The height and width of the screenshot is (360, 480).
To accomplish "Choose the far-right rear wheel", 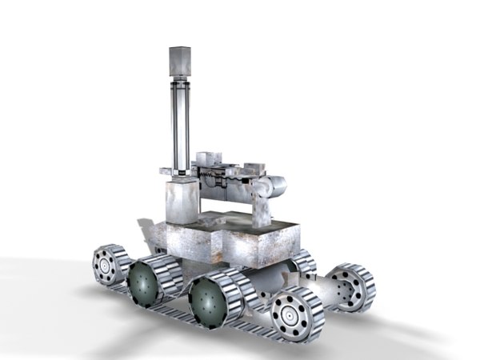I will [x=349, y=286].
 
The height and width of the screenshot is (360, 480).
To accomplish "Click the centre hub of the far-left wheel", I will [x=104, y=266].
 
